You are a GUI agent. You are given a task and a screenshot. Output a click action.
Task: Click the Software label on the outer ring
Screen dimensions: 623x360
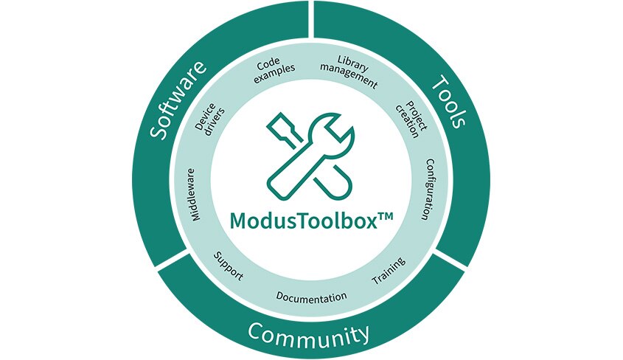(178, 100)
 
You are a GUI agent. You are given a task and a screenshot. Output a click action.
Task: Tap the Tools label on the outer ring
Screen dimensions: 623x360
(448, 101)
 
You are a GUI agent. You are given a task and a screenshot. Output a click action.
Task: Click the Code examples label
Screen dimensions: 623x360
(274, 69)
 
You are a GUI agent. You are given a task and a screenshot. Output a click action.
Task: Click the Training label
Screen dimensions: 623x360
(389, 271)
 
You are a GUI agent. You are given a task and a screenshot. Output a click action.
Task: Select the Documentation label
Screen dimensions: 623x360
(311, 297)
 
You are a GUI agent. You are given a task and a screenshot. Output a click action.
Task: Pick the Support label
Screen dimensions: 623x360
(229, 266)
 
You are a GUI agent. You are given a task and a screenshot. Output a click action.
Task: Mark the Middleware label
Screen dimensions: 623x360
(193, 195)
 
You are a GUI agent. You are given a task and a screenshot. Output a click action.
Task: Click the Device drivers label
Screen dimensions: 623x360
(209, 119)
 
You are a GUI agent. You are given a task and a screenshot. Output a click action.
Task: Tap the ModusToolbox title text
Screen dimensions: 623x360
(304, 220)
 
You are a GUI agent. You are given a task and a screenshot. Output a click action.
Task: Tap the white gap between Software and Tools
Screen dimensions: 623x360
(311, 18)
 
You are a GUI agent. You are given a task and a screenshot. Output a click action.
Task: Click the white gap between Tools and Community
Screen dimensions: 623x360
(450, 260)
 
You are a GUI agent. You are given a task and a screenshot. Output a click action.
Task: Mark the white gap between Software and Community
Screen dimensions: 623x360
(172, 260)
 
